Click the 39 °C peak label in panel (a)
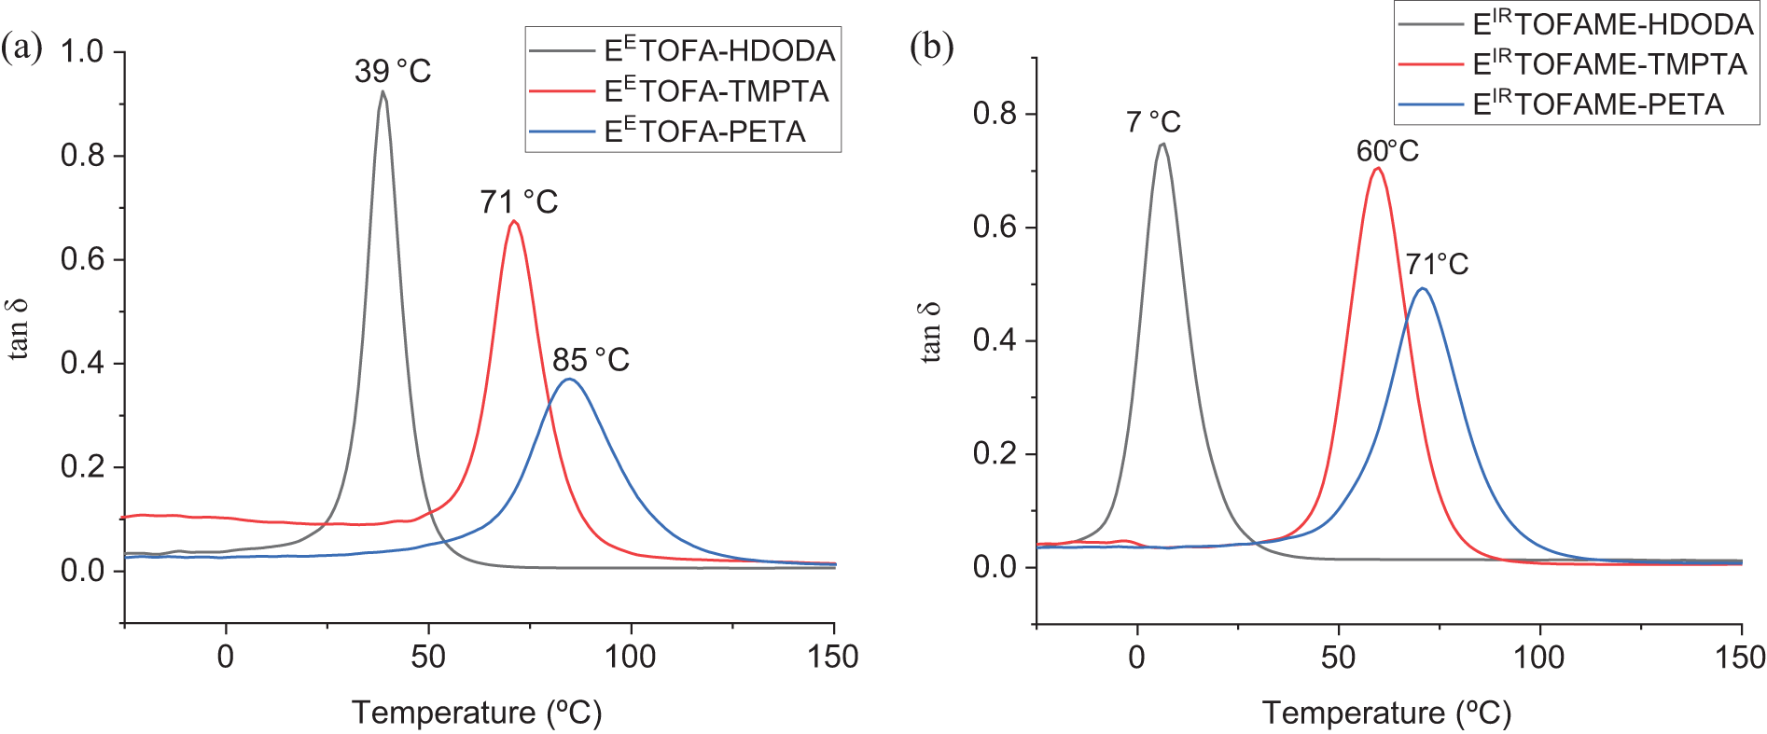pos(393,71)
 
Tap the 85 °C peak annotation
pos(591,360)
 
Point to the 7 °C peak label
pos(1153,122)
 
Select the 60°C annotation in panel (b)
pos(1387,151)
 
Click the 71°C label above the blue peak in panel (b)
pos(1437,265)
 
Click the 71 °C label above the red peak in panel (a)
pos(519,201)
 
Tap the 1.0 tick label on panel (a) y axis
pos(82,51)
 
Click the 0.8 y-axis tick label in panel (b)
pos(995,114)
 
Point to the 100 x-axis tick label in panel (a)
pos(630,657)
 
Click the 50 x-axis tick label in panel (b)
pos(1338,657)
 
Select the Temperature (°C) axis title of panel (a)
pos(477,713)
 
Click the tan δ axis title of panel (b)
pos(930,332)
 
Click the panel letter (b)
pos(931,47)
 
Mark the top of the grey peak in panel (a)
pos(383,91)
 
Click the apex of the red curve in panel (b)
pos(1377,168)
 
